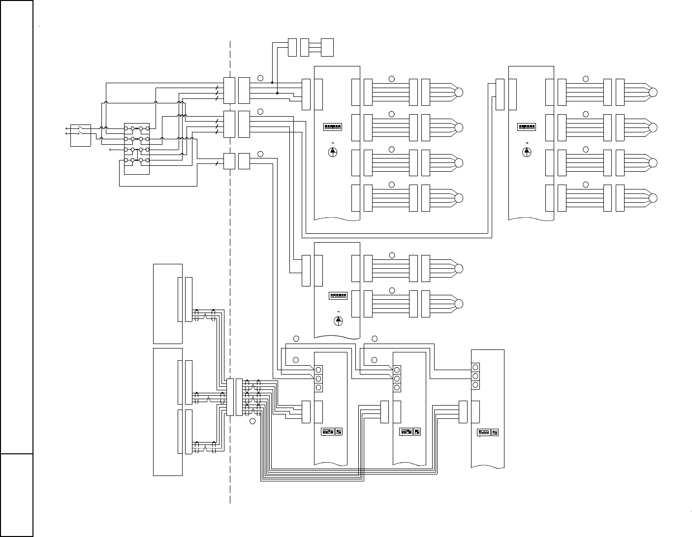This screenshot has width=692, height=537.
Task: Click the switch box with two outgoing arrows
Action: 81,135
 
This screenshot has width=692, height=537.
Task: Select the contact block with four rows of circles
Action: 136,149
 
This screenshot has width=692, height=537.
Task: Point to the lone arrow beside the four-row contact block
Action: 110,149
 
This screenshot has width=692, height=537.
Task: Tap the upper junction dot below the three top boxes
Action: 272,83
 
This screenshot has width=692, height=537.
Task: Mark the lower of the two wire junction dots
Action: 277,93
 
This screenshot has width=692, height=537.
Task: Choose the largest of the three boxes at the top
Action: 327,47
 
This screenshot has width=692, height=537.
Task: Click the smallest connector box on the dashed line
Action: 229,161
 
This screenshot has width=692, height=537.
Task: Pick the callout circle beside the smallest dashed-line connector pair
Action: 260,155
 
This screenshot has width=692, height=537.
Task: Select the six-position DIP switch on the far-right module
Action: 527,126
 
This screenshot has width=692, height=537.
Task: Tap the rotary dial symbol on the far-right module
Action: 527,152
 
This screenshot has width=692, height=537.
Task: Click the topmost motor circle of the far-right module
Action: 653,92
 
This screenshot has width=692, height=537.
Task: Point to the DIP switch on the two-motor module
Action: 338,296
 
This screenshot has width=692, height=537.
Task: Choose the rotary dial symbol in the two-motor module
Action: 339,320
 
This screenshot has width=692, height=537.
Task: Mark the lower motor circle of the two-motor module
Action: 459,304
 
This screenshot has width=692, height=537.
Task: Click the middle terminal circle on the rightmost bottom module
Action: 475,377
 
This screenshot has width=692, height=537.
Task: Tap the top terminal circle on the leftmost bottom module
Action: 318,370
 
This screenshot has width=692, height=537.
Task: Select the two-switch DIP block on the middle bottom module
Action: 417,432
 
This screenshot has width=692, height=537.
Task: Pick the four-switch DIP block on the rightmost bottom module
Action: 483,433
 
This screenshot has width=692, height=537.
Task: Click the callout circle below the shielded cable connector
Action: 252,421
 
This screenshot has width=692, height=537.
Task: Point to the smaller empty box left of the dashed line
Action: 168,304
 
